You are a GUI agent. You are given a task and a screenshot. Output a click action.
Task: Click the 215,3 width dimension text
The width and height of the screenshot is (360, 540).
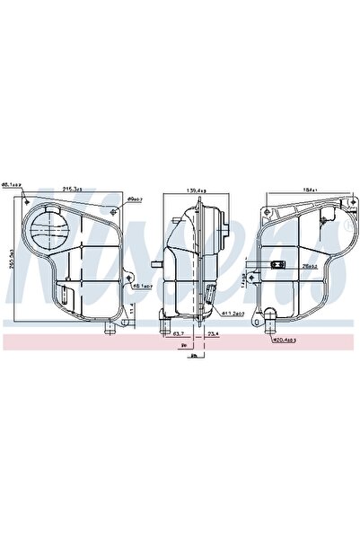pos(71,189)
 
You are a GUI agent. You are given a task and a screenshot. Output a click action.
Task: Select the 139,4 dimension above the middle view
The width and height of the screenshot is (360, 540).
pos(195,189)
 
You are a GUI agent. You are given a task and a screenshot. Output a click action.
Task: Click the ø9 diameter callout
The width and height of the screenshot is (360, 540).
pos(136,199)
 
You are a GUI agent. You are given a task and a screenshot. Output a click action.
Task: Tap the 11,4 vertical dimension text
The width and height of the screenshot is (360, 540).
pos(132,307)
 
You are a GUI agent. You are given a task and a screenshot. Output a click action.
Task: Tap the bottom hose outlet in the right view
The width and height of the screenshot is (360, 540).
pos(268,316)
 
